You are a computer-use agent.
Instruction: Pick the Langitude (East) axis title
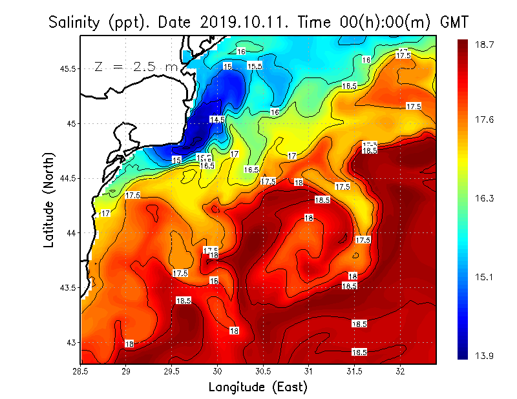click(258, 387)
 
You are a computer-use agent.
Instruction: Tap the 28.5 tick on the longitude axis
click(81, 371)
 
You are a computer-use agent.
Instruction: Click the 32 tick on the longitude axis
click(401, 371)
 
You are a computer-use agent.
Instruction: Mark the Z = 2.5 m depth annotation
click(136, 66)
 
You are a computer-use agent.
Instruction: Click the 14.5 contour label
click(217, 119)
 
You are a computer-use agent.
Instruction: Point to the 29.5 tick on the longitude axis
click(172, 371)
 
